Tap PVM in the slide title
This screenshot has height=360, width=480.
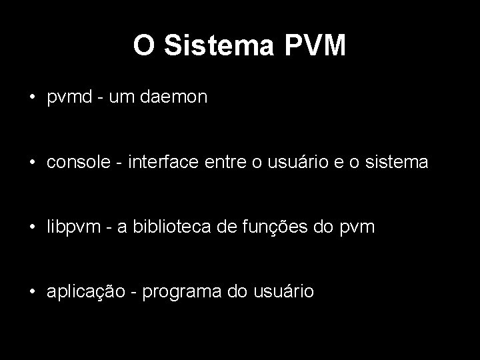point(317,45)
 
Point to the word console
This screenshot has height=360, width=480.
point(74,163)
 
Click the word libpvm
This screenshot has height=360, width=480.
point(70,227)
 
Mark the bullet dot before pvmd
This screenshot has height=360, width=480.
point(32,98)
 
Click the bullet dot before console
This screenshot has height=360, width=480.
point(32,163)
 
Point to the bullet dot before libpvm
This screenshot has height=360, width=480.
point(32,227)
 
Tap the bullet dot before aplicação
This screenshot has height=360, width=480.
point(32,292)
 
